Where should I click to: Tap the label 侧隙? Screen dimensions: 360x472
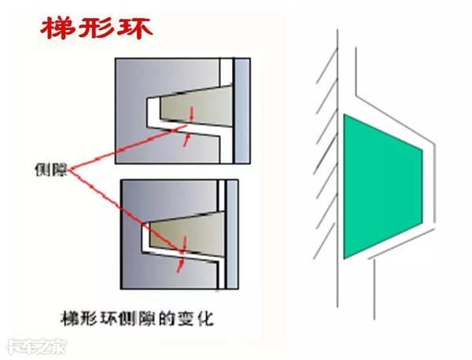pyautogui.click(x=51, y=169)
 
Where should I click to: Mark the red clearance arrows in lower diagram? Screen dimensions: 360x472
pyautogui.click(x=182, y=256)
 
